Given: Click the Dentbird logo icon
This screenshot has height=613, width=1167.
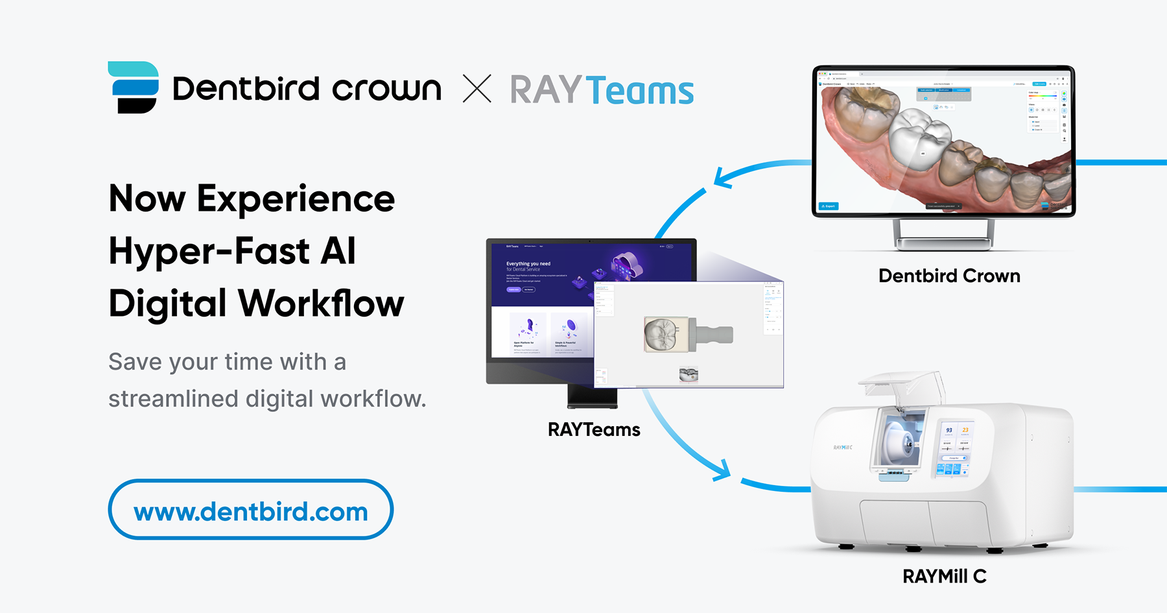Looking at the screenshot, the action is click(x=134, y=87).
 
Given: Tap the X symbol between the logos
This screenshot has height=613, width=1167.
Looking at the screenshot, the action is click(x=477, y=89).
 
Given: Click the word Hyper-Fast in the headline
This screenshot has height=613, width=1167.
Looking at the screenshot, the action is click(x=208, y=251).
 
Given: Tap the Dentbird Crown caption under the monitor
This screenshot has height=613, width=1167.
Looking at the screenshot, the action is click(x=949, y=276).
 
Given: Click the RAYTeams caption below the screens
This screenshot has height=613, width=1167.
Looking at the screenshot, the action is click(x=594, y=429).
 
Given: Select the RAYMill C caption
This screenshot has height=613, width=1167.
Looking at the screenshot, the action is click(x=944, y=576).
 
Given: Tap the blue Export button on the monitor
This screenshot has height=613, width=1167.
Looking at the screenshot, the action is click(x=829, y=206).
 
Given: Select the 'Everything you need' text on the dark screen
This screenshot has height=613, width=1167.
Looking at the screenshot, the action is click(x=528, y=264).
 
